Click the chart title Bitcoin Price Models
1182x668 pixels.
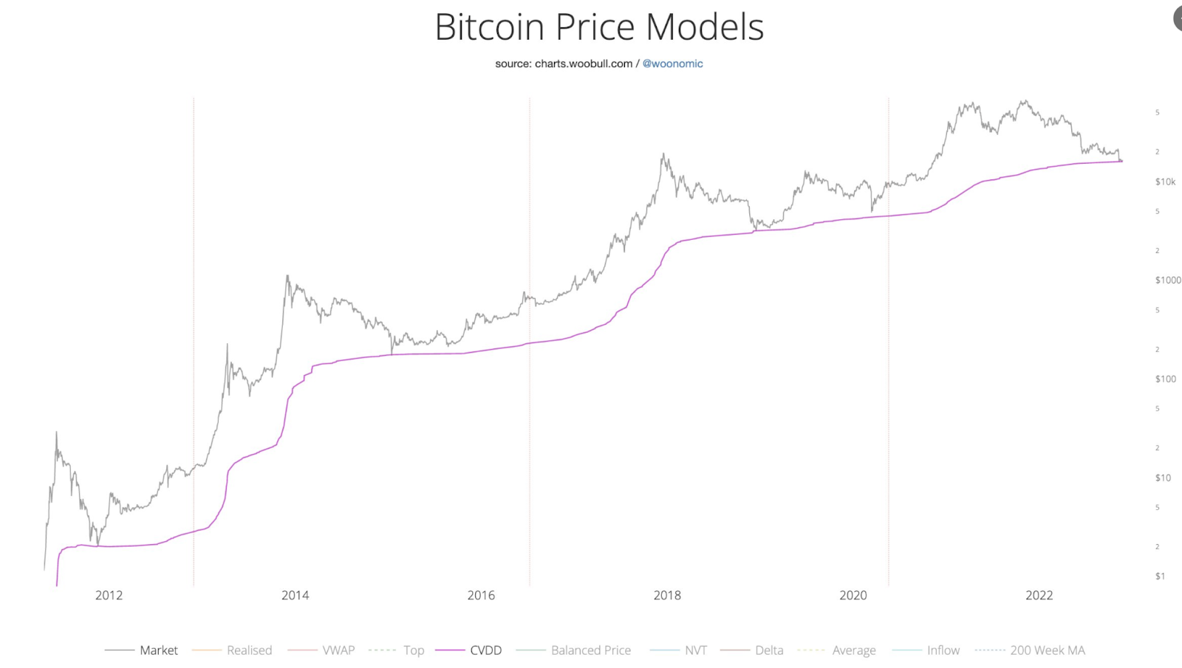click(599, 27)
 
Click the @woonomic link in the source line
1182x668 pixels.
click(672, 63)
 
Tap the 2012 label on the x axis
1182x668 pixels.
click(109, 596)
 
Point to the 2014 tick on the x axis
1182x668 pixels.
click(295, 596)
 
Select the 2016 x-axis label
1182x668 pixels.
click(481, 596)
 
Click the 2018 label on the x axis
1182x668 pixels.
click(667, 596)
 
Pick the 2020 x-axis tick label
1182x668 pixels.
click(853, 596)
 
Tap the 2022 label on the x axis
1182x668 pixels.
click(1039, 596)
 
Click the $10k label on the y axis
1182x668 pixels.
click(1165, 182)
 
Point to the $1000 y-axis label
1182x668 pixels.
click(1167, 280)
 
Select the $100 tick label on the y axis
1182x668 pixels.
click(1165, 379)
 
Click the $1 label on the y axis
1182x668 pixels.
click(1160, 576)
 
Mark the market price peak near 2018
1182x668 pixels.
click(663, 154)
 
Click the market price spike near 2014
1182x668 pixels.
click(287, 277)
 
